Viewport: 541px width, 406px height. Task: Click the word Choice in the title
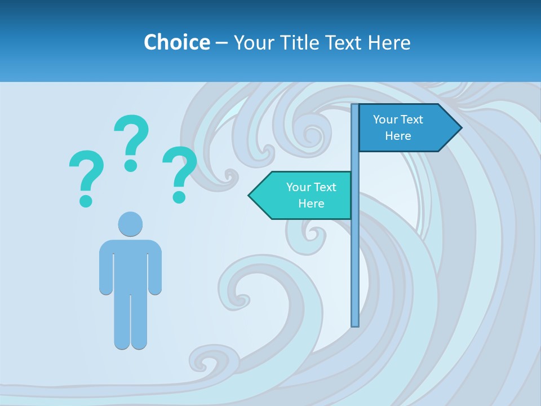176,42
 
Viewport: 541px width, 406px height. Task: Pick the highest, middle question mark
131,142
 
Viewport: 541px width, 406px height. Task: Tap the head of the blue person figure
130,224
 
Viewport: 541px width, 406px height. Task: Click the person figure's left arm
106,268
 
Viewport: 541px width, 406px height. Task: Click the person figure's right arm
155,268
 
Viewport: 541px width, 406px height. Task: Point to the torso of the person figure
130,265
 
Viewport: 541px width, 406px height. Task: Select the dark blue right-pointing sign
406,128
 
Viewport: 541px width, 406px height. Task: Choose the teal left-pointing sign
304,195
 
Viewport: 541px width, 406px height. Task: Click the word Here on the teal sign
311,204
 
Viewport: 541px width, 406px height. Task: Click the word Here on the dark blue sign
398,136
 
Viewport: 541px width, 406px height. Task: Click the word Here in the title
389,42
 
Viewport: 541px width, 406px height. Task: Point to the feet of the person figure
130,342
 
